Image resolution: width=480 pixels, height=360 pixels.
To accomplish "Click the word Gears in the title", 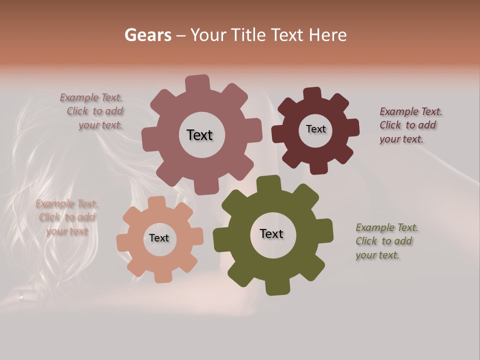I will point(147,35).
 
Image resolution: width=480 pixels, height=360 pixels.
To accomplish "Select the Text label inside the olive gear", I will point(271,234).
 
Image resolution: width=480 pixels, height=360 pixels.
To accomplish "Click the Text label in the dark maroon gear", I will point(315,129).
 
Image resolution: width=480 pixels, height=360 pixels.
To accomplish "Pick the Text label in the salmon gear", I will point(159,238).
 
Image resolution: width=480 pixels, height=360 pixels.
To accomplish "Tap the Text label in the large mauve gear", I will point(200,135).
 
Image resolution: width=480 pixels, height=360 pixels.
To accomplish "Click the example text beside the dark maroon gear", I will point(410,125).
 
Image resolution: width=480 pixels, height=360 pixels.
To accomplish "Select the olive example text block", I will point(386,241).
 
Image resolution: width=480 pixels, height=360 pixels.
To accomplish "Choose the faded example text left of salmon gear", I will point(66,217).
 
